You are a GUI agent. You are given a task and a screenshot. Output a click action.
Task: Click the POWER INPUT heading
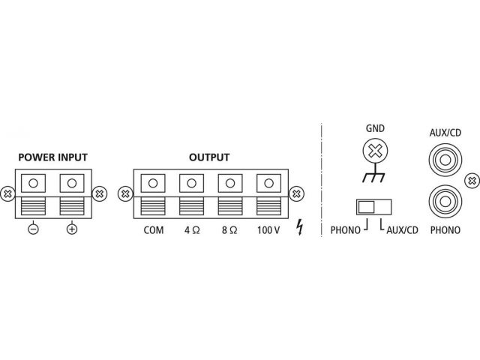point(53,157)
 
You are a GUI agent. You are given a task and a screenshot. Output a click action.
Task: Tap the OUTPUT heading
point(209,157)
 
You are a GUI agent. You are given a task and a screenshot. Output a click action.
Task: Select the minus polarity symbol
point(33,229)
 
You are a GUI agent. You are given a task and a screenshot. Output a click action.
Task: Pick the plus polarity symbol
point(72,229)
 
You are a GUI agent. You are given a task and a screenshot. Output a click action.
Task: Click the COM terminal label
point(154,230)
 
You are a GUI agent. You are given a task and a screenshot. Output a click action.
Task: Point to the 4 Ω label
point(192,230)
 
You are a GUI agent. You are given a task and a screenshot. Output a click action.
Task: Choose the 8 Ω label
point(229,230)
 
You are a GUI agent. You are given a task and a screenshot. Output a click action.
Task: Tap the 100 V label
point(268,230)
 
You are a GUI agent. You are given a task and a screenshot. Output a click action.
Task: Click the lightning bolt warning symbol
point(300,227)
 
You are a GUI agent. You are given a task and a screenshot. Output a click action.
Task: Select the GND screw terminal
point(375,151)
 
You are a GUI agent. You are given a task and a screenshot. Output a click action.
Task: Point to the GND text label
point(375,128)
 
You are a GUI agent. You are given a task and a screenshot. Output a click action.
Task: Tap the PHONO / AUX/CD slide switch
point(373,207)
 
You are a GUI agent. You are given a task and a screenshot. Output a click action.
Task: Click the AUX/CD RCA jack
point(445,160)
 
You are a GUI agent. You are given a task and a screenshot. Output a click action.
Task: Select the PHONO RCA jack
point(445,202)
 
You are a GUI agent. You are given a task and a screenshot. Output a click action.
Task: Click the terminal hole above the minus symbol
point(33,183)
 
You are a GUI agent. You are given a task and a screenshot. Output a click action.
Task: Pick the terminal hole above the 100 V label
point(268,183)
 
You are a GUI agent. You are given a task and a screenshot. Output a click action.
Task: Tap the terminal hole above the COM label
point(153,183)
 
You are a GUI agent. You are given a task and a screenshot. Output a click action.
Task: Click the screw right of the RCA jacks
point(472,181)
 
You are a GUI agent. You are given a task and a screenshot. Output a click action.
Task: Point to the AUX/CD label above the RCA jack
point(445,133)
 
